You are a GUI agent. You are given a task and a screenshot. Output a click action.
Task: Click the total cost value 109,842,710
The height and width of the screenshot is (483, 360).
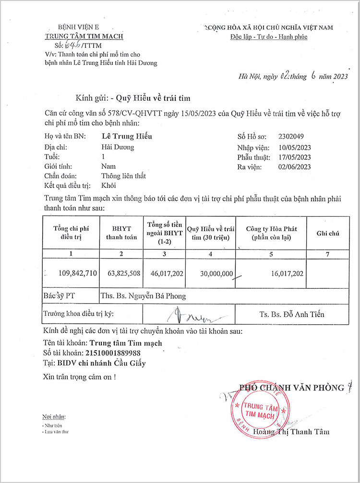78,273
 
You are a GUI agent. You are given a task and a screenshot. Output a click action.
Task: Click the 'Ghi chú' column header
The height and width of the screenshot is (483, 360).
327,233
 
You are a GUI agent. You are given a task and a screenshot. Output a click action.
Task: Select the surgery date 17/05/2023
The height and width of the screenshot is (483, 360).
295,157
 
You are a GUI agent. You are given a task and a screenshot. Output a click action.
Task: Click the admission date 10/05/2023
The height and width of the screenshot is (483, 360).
295,147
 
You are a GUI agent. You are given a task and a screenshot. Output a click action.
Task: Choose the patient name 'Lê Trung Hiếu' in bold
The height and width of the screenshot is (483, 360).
127,137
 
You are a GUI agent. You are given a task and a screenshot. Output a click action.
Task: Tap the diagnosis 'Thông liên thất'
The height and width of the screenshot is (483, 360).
123,176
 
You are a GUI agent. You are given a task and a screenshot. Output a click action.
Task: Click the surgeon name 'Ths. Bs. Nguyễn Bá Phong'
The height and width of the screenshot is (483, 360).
143,296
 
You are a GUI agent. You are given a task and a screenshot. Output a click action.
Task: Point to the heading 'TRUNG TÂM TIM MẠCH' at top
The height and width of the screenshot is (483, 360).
84,36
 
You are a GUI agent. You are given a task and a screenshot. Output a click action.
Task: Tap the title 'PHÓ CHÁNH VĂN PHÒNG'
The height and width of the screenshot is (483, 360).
291,388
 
